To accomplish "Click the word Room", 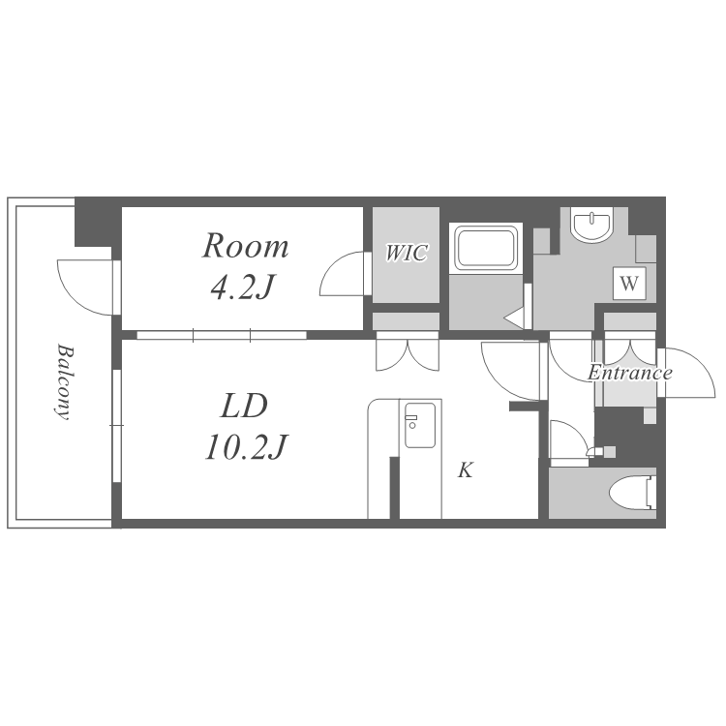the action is (x=246, y=246).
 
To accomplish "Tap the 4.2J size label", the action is (x=242, y=287).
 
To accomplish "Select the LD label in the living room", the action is (x=245, y=406).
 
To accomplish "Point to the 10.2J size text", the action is (x=246, y=447).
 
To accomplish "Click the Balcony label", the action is (x=64, y=381).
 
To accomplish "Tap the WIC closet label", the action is (x=407, y=253).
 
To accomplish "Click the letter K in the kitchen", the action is (x=466, y=469).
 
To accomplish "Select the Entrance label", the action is (x=630, y=373).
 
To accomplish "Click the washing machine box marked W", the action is (x=629, y=283).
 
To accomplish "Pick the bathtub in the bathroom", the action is (x=485, y=248).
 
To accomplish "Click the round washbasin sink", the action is (x=592, y=225).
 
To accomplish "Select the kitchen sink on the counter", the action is (x=420, y=425).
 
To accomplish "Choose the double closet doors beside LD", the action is (x=407, y=355).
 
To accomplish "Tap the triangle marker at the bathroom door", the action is (x=515, y=318).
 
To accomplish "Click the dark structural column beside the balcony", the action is (x=94, y=223).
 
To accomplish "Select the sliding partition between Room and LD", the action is (x=222, y=335).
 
